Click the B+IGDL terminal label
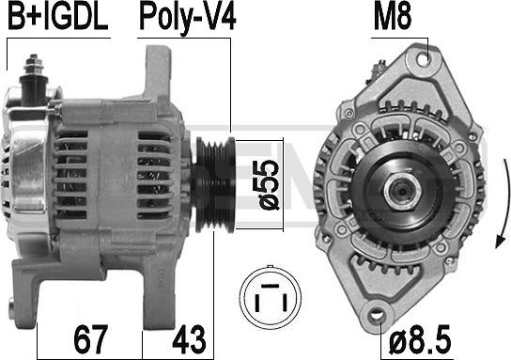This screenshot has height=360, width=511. coord(57,17)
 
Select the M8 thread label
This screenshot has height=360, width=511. coord(393,17)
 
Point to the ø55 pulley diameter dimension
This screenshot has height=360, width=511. coord(266,184)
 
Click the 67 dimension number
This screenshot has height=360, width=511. coord(90,339)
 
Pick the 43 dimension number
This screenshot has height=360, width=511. coord(189,339)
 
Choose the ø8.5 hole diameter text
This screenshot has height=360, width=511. coord(420,339)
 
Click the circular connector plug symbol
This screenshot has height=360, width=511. coord(271,297)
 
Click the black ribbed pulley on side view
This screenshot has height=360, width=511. coord(213,185)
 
